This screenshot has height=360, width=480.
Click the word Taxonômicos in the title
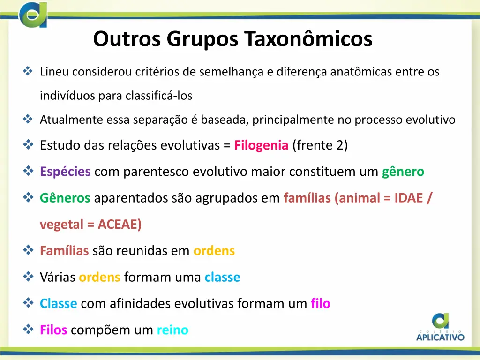pyautogui.click(x=309, y=39)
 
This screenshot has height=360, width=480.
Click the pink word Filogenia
pyautogui.click(x=261, y=145)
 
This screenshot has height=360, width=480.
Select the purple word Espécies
pyautogui.click(x=65, y=172)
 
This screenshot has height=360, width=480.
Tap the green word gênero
pyautogui.click(x=403, y=172)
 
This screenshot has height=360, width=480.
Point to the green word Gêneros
pyautogui.click(x=65, y=198)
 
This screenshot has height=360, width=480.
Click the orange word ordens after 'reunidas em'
pyautogui.click(x=214, y=251)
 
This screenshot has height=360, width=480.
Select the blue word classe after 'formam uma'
pyautogui.click(x=222, y=277)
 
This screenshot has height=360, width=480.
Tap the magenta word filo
pyautogui.click(x=321, y=303)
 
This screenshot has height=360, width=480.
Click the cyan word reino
pyautogui.click(x=172, y=330)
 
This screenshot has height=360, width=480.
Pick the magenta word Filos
pyautogui.click(x=53, y=330)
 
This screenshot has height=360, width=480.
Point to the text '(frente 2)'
pyautogui.click(x=320, y=145)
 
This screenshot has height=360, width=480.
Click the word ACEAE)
pyautogui.click(x=120, y=225)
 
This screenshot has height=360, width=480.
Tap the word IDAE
pyautogui.click(x=408, y=198)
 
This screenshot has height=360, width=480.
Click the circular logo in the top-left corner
pyautogui.click(x=33, y=15)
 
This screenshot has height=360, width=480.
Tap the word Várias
pyautogui.click(x=58, y=277)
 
